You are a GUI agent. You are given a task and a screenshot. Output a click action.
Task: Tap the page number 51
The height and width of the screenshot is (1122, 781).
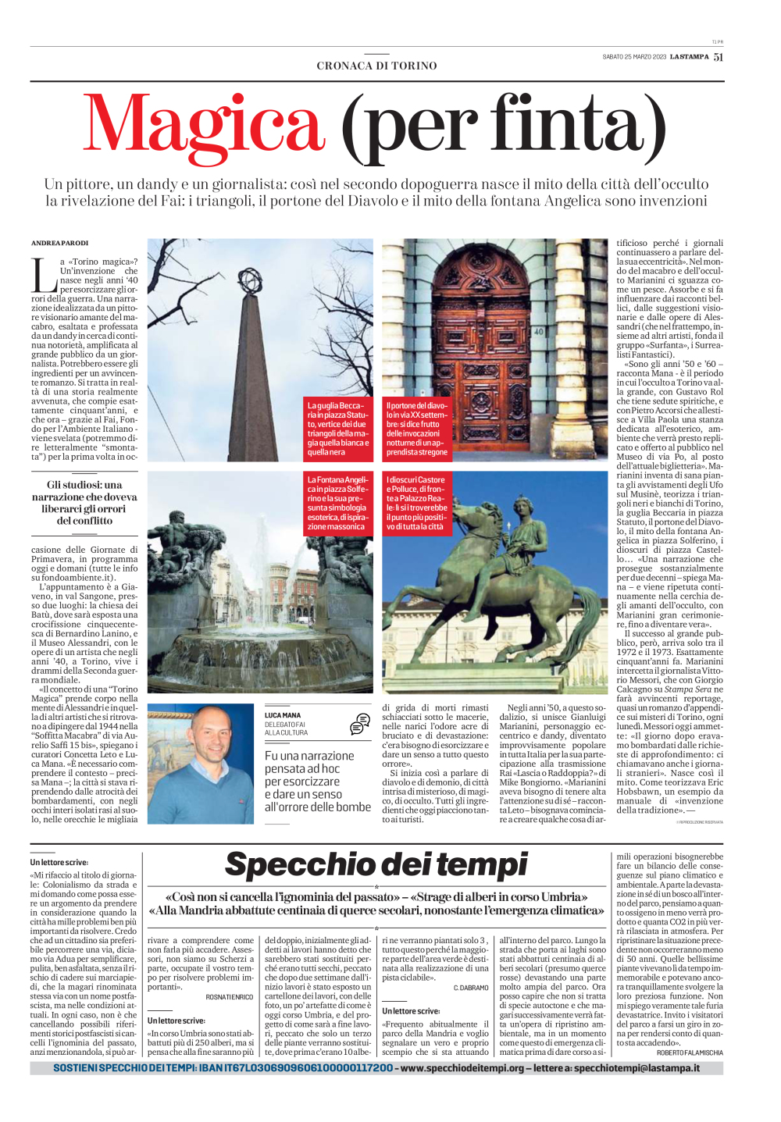pyautogui.click(x=718, y=56)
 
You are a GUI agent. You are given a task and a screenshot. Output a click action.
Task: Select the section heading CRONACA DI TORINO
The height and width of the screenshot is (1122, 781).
pyautogui.click(x=376, y=66)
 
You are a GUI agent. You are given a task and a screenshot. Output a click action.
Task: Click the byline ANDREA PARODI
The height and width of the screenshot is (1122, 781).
pyautogui.click(x=60, y=243)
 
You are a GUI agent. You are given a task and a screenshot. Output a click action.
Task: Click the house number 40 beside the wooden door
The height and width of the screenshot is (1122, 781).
pyautogui.click(x=538, y=332)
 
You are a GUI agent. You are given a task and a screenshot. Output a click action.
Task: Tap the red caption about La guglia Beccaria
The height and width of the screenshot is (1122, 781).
pyautogui.click(x=338, y=429)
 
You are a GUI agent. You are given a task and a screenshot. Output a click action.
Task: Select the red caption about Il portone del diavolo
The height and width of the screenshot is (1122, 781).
pyautogui.click(x=417, y=429)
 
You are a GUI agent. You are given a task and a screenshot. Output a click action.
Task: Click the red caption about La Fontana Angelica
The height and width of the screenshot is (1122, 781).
pyautogui.click(x=338, y=503)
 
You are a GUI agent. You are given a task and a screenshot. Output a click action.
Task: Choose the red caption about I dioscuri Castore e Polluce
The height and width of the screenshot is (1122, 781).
pyautogui.click(x=417, y=503)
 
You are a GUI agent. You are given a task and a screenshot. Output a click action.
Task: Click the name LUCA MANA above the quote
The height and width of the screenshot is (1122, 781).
pyautogui.click(x=283, y=715)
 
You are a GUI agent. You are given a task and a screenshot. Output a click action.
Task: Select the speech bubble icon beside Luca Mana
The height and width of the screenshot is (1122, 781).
pyautogui.click(x=360, y=724)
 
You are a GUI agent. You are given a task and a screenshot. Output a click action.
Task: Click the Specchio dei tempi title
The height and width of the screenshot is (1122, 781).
pyautogui.click(x=376, y=865)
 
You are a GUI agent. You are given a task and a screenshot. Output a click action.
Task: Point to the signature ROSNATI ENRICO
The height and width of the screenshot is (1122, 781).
pyautogui.click(x=230, y=997)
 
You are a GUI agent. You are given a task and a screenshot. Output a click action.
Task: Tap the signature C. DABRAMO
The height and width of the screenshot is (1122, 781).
pyautogui.click(x=471, y=988)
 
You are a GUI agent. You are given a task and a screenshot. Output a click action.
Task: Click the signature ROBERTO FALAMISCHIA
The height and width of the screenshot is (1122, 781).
pyautogui.click(x=690, y=1053)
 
